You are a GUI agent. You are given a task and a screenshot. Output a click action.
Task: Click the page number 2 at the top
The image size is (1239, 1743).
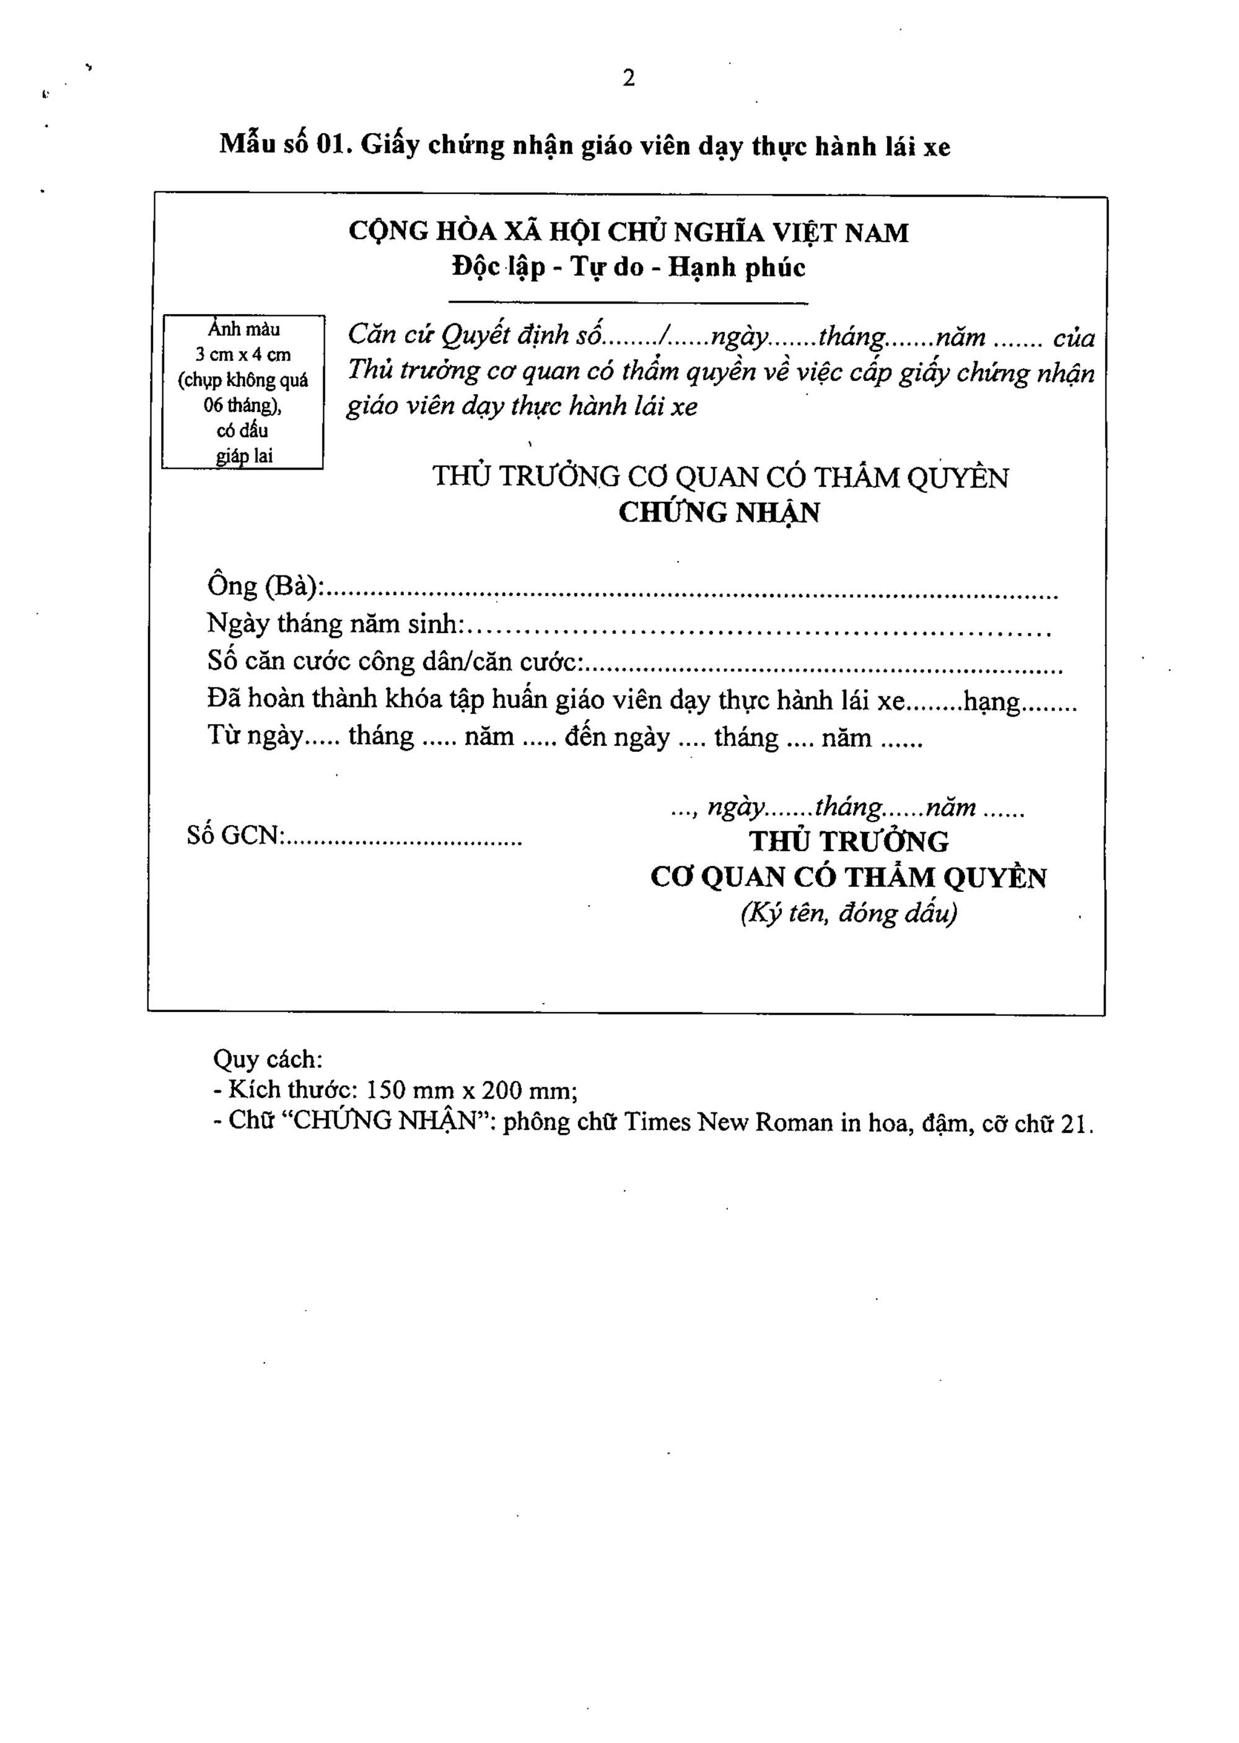click(x=629, y=78)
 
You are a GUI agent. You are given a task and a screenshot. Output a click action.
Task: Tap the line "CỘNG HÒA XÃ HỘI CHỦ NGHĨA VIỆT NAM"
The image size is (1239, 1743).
click(x=629, y=232)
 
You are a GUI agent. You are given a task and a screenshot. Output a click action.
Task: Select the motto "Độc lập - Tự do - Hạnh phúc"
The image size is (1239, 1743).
click(x=629, y=267)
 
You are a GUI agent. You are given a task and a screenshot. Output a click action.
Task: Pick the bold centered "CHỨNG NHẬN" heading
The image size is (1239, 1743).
click(x=719, y=513)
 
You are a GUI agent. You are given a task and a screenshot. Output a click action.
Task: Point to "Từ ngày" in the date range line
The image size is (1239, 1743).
click(x=256, y=737)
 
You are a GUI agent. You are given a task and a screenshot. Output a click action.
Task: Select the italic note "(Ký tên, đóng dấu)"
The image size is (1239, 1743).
click(x=848, y=913)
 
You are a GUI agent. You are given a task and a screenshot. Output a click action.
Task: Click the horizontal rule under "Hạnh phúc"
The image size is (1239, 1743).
click(x=629, y=303)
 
